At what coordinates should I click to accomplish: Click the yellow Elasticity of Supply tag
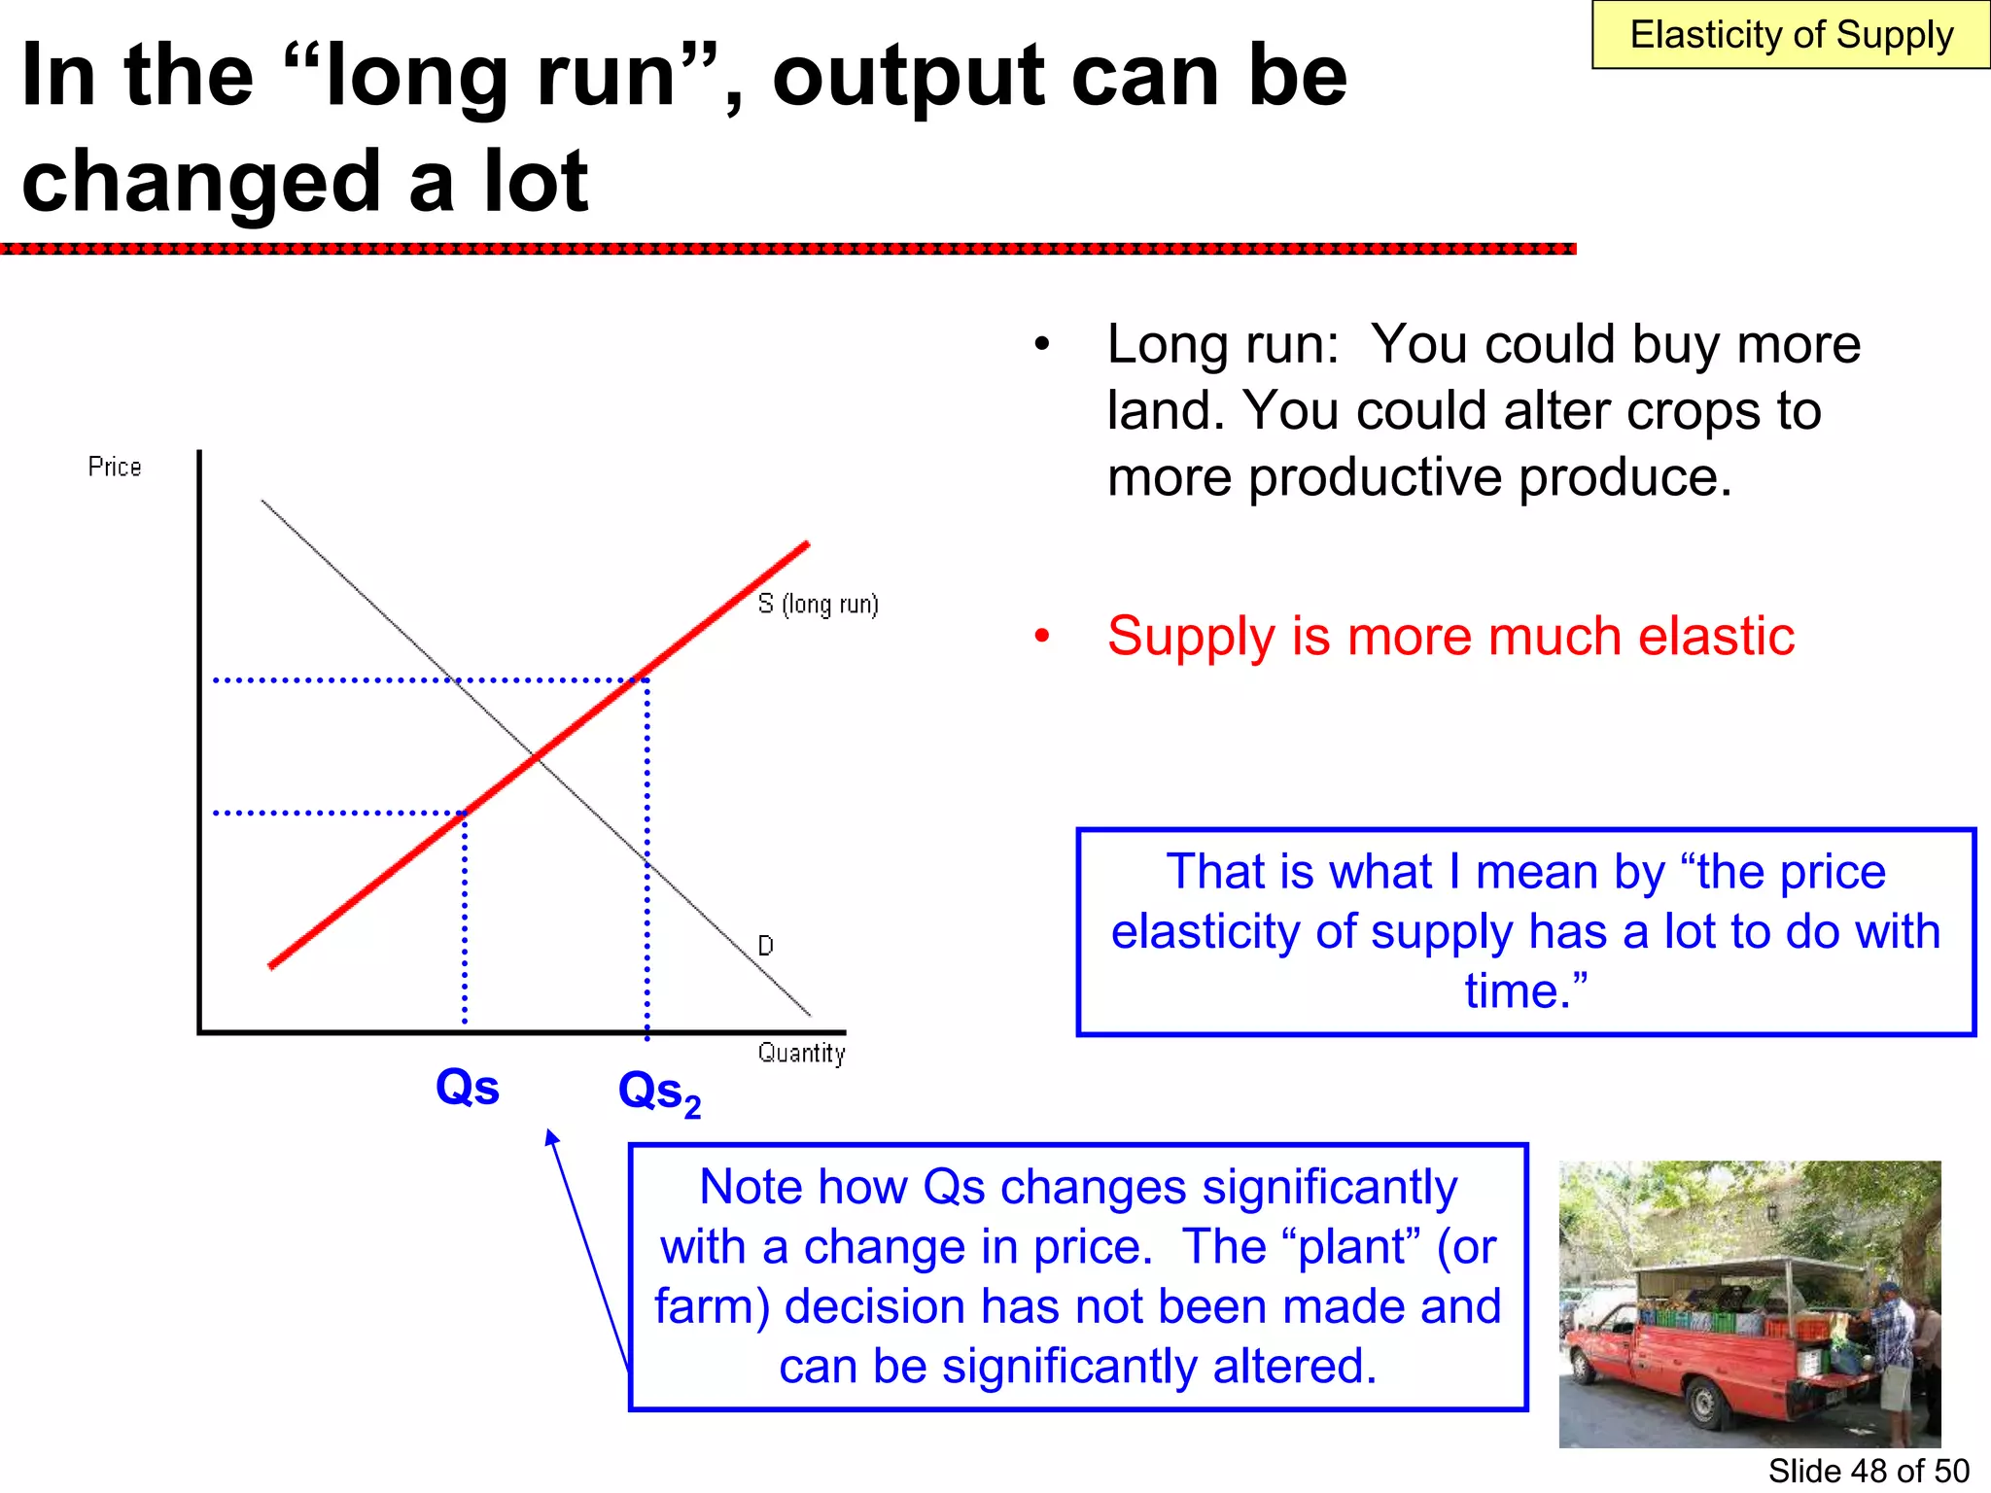pos(1790,35)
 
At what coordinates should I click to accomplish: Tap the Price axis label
pos(115,468)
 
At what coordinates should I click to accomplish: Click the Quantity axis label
pos(801,1053)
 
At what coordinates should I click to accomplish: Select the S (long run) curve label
pos(818,605)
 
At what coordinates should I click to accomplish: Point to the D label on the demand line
pos(765,946)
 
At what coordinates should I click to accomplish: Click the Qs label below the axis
pos(468,1087)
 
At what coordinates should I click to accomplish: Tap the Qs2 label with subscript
pos(659,1093)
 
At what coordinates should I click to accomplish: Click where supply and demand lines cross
pos(536,756)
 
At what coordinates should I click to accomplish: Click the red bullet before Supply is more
pos(1042,637)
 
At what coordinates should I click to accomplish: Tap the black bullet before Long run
pos(1042,345)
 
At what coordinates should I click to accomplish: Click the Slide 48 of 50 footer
pos(1868,1471)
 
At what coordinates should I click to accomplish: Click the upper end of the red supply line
pos(806,545)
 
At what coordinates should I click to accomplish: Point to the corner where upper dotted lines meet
pos(646,679)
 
